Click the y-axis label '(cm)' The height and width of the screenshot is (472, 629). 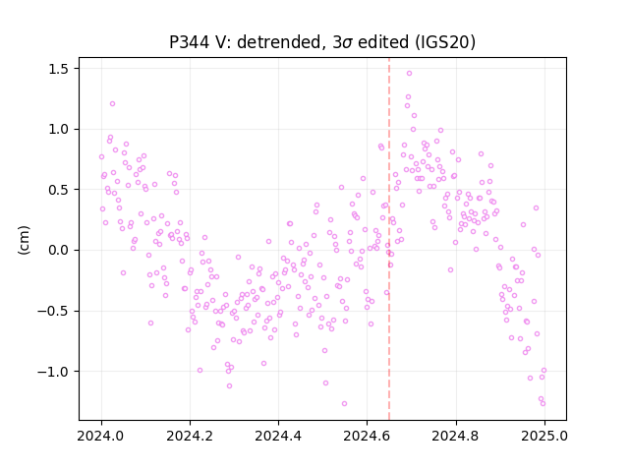[24, 240]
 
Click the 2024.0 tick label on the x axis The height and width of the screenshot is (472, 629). [101, 436]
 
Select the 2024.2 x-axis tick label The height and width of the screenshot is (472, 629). [190, 436]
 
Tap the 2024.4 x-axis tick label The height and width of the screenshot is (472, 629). [278, 436]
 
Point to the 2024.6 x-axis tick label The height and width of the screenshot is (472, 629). [367, 436]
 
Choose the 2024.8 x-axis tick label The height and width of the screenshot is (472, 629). [456, 436]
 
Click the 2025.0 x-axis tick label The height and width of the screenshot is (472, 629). [544, 436]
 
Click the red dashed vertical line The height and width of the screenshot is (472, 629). [389, 239]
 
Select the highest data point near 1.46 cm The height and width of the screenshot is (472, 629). [409, 73]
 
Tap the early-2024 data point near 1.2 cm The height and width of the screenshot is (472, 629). [112, 103]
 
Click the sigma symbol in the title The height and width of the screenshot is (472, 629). [348, 43]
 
